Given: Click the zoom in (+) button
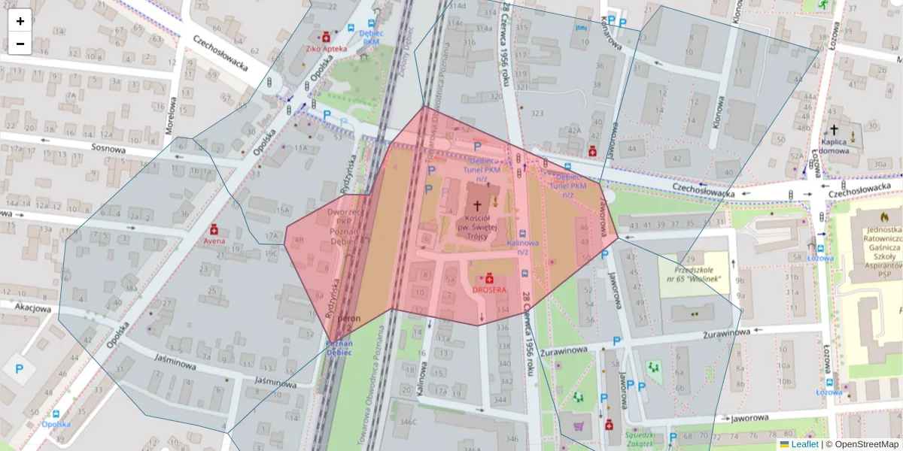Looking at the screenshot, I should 20,21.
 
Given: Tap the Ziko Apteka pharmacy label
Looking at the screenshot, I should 327,48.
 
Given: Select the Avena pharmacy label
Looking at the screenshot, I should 214,242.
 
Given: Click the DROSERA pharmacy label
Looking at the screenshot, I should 489,289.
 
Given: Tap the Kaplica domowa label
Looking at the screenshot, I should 834,145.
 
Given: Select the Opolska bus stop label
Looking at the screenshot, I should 56,424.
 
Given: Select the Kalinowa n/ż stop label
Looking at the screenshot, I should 522,247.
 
